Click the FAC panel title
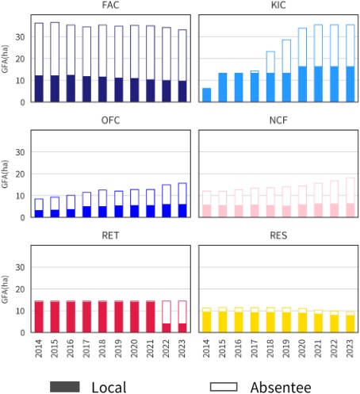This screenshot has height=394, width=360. pyautogui.click(x=110, y=6)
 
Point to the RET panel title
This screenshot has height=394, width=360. pyautogui.click(x=110, y=235)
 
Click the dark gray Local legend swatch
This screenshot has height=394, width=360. pyautogui.click(x=65, y=386)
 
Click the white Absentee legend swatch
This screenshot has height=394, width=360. pyautogui.click(x=224, y=386)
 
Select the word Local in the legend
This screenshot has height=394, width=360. pyautogui.click(x=109, y=386)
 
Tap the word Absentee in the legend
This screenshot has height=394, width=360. pyautogui.click(x=280, y=386)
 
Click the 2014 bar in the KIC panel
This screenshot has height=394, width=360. pyautogui.click(x=206, y=94)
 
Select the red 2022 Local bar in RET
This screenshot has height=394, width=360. pyautogui.click(x=167, y=327)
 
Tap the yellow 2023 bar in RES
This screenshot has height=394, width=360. pyautogui.click(x=350, y=323)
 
